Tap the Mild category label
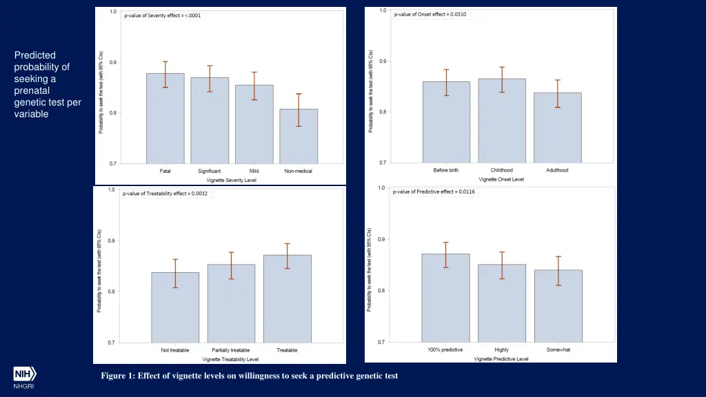click(254, 171)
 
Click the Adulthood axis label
click(557, 170)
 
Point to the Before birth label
click(446, 170)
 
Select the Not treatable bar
click(175, 307)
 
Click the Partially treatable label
click(231, 350)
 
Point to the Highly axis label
click(502, 350)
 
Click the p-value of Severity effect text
click(163, 15)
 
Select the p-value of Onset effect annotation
click(430, 14)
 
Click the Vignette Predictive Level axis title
click(501, 359)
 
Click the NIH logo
click(24, 374)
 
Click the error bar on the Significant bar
click(210, 79)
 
